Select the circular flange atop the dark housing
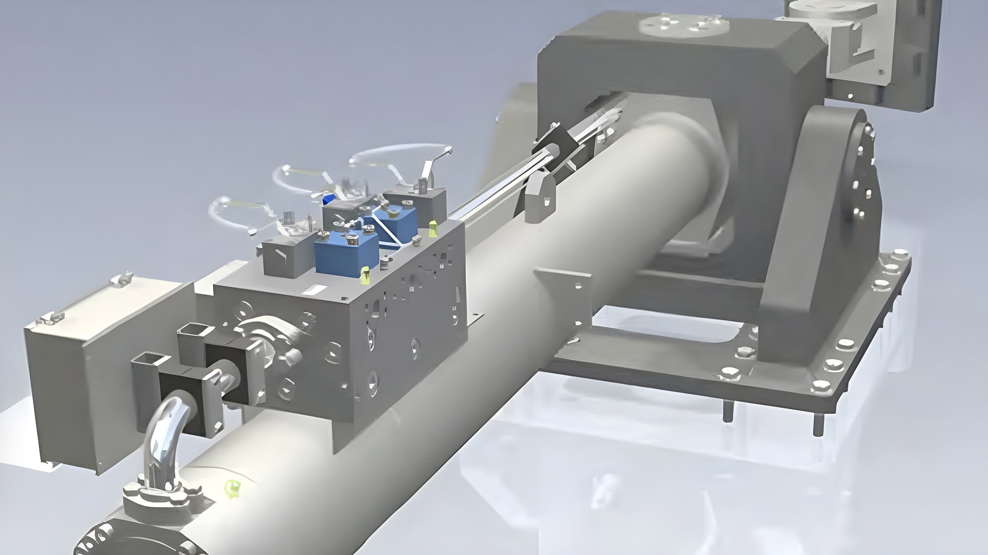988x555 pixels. (x=669, y=24)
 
